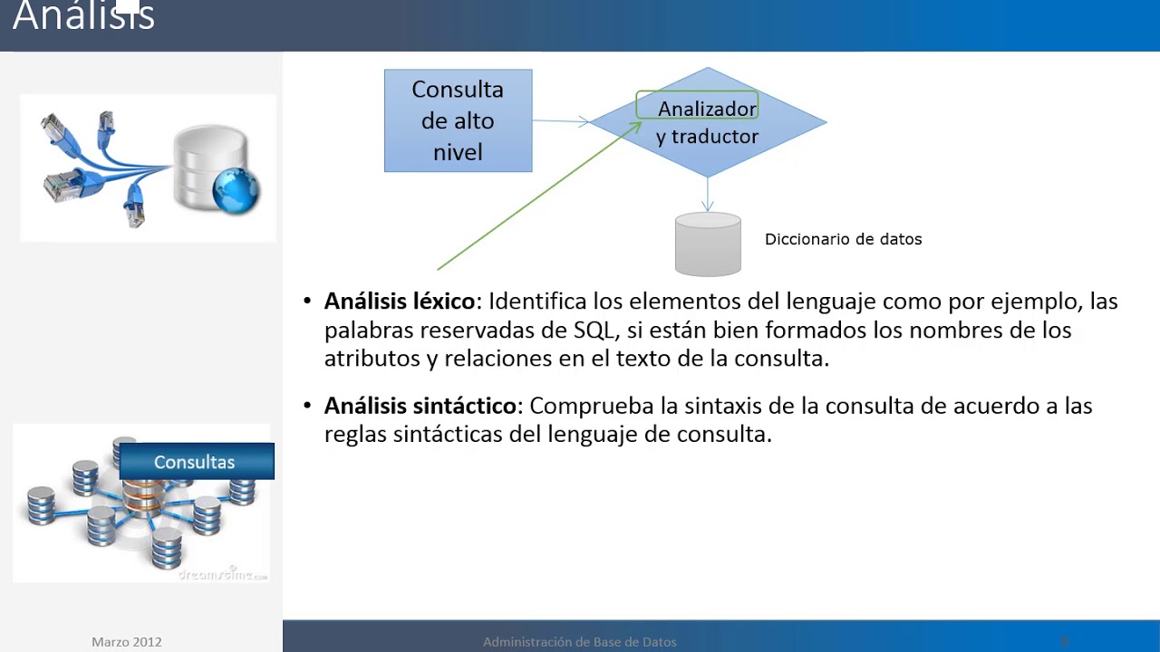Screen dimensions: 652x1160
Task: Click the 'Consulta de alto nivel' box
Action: [x=458, y=120]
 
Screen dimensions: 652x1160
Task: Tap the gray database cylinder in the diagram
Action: [x=708, y=244]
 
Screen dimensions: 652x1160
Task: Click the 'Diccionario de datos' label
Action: [x=843, y=239]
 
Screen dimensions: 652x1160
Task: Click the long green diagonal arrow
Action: [x=535, y=199]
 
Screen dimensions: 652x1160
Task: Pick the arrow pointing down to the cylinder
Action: [x=708, y=195]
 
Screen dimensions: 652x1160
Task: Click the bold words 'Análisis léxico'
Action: [x=399, y=301]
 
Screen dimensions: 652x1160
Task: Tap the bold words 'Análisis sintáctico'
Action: [x=420, y=406]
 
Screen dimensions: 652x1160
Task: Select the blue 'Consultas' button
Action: [x=195, y=462]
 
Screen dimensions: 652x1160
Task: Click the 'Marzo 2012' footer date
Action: [x=126, y=642]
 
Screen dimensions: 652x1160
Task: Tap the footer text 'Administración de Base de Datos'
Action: [x=579, y=642]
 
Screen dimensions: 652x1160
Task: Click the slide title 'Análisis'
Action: [x=83, y=16]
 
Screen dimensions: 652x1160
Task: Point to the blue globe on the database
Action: [x=237, y=191]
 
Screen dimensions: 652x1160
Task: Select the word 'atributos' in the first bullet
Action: [x=372, y=358]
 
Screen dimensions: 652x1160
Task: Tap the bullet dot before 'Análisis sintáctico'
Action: [x=307, y=407]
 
